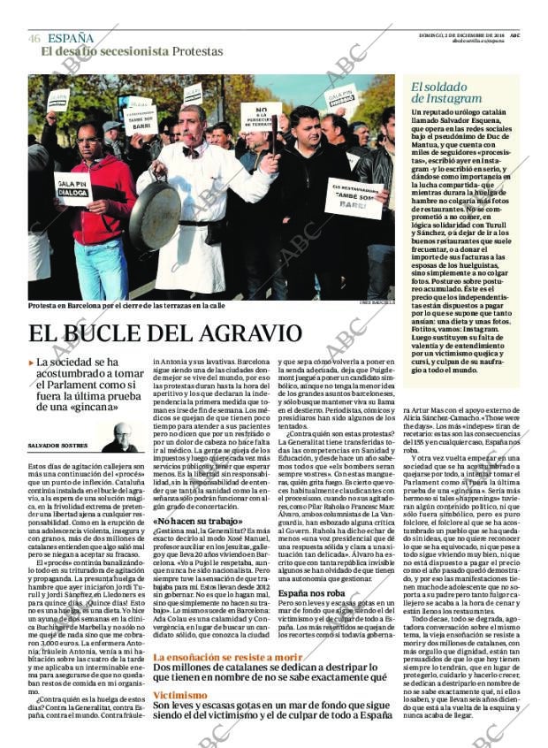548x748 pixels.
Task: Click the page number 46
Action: point(34,38)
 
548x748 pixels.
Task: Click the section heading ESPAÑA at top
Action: point(71,38)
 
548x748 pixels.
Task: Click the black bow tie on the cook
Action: point(190,151)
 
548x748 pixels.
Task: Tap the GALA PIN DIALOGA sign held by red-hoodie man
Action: point(73,188)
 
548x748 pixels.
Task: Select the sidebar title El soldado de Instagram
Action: point(446,93)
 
